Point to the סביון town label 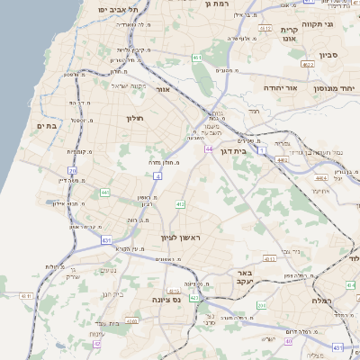click(x=328, y=55)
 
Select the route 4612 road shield click(x=265, y=29)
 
